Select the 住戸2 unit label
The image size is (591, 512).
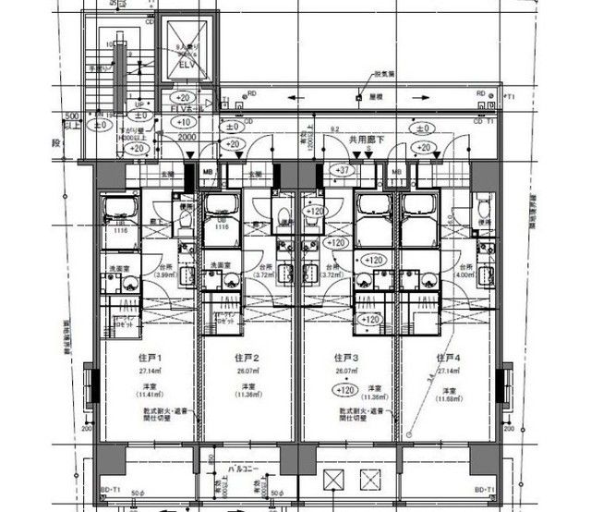(246, 358)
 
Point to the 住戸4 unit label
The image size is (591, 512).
(446, 358)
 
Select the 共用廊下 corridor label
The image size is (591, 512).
(367, 139)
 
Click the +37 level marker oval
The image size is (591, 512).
(343, 170)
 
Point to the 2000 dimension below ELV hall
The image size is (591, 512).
(188, 136)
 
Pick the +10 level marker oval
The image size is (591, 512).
(183, 122)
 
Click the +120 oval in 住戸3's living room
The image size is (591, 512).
(344, 389)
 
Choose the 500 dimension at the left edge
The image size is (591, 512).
(70, 116)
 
